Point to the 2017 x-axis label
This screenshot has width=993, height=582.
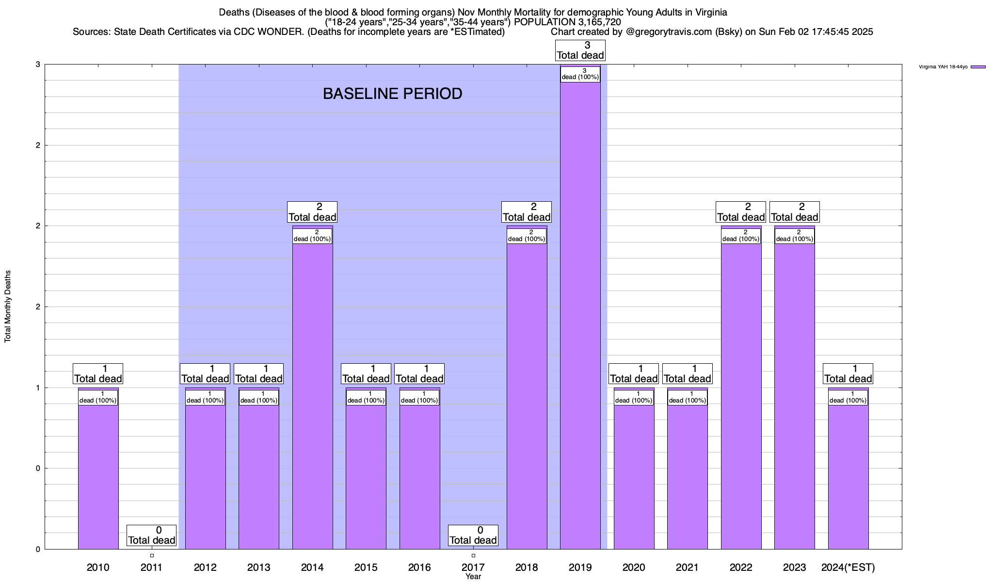pos(473,567)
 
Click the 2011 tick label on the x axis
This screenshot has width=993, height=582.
pos(151,567)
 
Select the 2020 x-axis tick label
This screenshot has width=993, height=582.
pos(634,567)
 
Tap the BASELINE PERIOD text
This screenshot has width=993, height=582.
pos(392,94)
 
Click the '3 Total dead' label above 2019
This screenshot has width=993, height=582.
pos(580,50)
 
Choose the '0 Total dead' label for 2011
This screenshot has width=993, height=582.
pos(151,535)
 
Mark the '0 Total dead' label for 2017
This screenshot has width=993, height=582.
pos(473,535)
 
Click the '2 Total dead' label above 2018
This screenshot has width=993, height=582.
pos(527,212)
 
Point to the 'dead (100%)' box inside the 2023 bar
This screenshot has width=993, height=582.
pos(794,236)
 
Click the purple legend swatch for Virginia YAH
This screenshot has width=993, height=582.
pos(978,67)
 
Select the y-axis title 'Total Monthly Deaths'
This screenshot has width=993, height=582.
pos(8,307)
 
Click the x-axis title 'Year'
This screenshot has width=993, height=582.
pos(473,576)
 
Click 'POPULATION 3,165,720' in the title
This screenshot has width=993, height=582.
pos(567,22)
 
